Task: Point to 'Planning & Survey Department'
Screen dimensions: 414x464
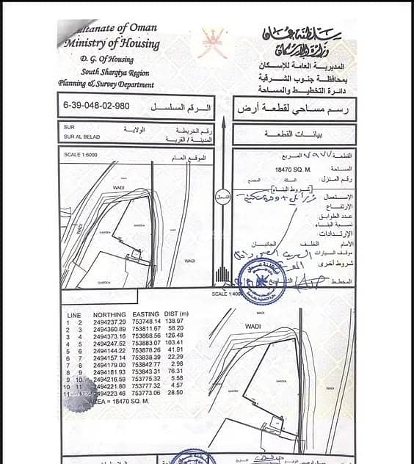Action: click(x=106, y=84)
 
